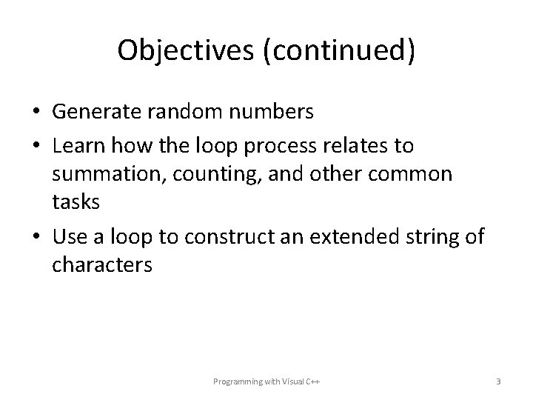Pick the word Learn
click(x=78, y=146)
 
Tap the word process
click(x=289, y=146)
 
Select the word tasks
click(x=73, y=204)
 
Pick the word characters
click(x=102, y=264)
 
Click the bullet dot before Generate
click(x=36, y=113)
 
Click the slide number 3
click(x=498, y=381)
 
